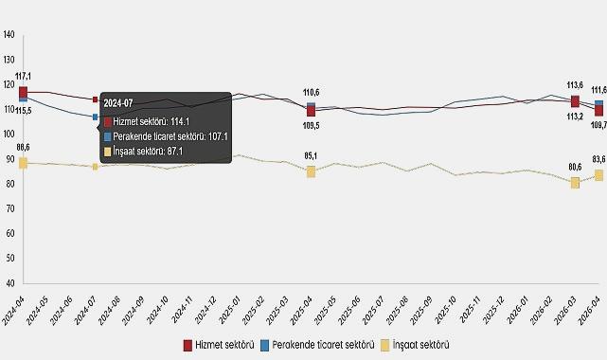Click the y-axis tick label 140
point(9,35)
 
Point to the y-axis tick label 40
point(9,283)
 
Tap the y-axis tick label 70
point(9,208)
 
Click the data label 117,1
point(24,76)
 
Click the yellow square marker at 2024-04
point(23,163)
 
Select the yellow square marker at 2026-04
point(598,175)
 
